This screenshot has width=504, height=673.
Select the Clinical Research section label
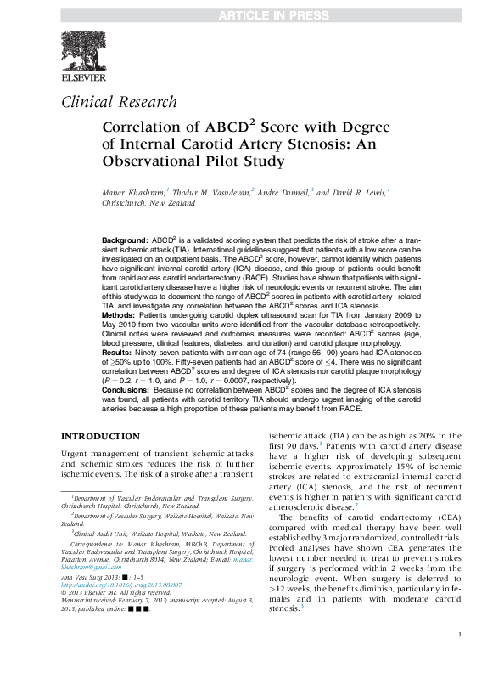coord(120,103)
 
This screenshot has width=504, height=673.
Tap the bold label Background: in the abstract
coord(125,241)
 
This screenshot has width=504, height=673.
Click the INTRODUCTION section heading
coord(100,437)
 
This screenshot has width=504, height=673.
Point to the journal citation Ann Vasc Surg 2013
coord(92,577)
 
